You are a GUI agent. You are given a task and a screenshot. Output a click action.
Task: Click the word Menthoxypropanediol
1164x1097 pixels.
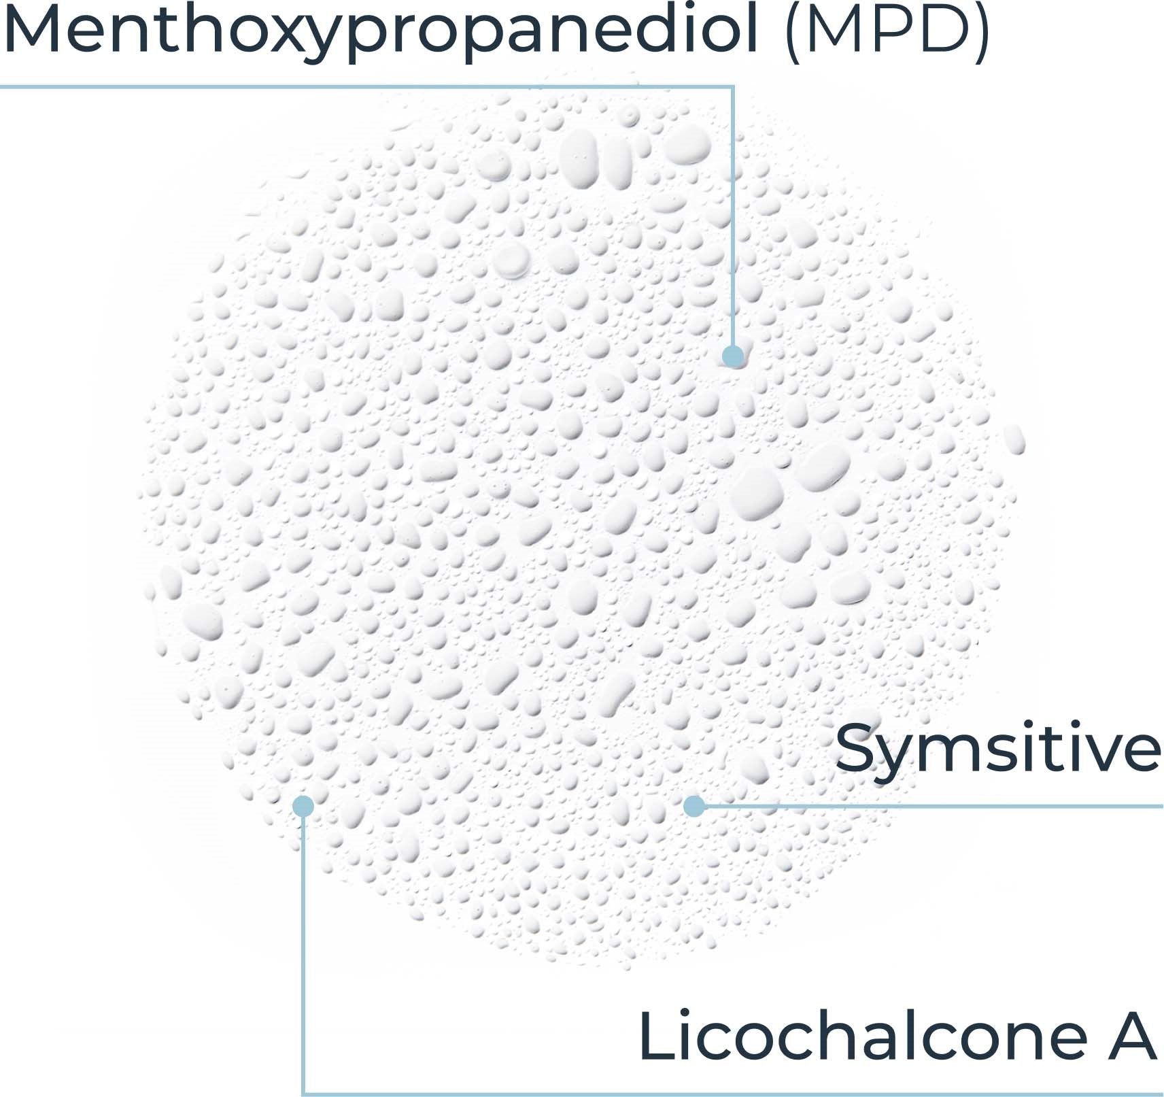pos(381,31)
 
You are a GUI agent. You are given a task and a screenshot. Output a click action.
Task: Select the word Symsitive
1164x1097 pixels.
pos(997,748)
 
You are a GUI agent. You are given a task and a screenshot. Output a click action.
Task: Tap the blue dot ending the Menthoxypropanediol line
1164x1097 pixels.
pos(733,356)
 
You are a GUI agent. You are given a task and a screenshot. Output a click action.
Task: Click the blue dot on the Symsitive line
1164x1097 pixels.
pos(694,806)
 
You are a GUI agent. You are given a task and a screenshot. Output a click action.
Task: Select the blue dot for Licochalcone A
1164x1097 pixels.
pos(303,806)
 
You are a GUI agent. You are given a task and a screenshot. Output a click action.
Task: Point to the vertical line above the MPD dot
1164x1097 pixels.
pos(733,218)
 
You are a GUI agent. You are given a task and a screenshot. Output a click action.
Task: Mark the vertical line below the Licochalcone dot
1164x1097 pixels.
pos(303,952)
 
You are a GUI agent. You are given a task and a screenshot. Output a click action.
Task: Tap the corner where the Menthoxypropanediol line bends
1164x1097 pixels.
pos(733,86)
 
